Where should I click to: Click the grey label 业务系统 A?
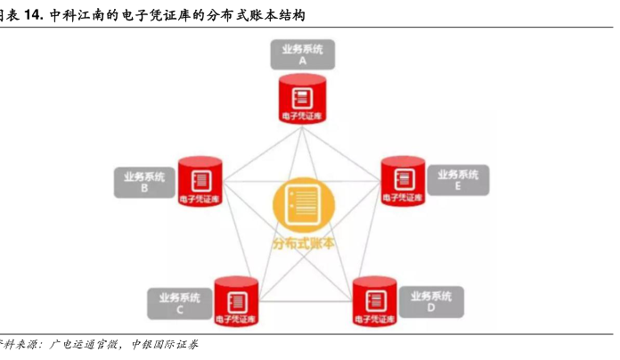pos(303,55)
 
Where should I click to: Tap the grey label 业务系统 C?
pos(180,304)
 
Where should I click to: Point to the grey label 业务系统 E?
pos(458,180)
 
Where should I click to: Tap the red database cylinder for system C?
pos(236,304)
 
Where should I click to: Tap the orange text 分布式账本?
pos(304,241)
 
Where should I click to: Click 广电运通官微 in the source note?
pos(84,345)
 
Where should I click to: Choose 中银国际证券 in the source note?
pos(165,345)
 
